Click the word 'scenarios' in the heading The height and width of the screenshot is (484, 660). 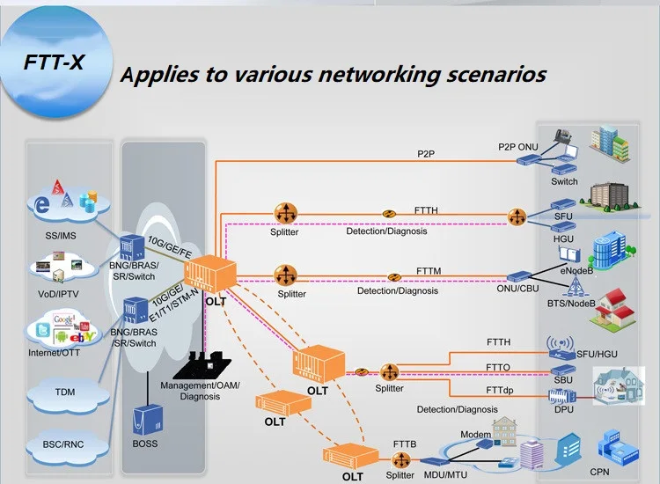point(490,73)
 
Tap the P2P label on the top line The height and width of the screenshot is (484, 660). point(426,154)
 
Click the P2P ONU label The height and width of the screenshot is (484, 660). point(517,146)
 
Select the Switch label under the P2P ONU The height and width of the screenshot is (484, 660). point(564,182)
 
